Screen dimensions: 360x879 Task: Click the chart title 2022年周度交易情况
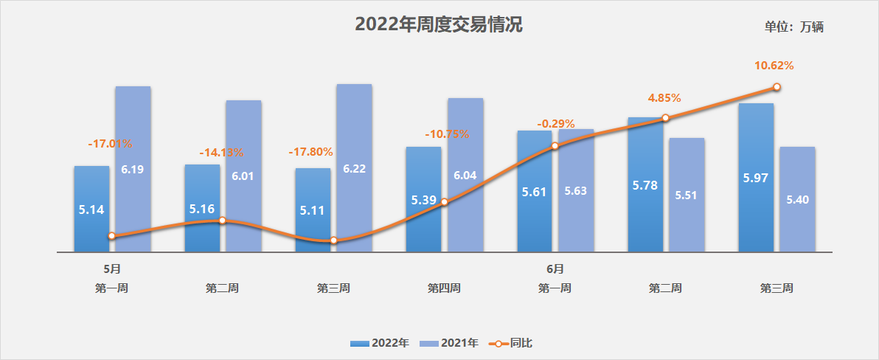point(439,25)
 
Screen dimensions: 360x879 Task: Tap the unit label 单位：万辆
point(793,27)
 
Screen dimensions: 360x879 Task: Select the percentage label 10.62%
point(774,66)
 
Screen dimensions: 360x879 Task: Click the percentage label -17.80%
point(310,152)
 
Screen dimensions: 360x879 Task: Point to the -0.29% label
point(556,124)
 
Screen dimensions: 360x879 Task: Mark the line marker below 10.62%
point(776,87)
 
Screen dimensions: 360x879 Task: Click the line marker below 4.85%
point(665,118)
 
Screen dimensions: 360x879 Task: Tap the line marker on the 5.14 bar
point(111,236)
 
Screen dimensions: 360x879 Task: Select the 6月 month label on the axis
point(555,269)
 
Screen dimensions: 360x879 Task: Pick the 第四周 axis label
point(444,288)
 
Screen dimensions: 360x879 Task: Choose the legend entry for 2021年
point(449,343)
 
